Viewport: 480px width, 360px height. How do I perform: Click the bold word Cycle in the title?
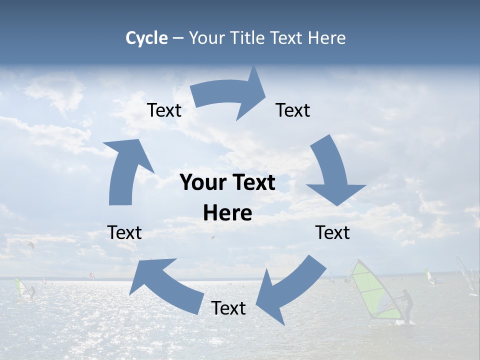click(146, 38)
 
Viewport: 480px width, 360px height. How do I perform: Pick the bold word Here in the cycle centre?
click(227, 213)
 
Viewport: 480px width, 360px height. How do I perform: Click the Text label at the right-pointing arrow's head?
click(293, 110)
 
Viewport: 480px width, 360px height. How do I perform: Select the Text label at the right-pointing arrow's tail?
click(164, 110)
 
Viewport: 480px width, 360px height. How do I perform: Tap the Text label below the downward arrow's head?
click(333, 233)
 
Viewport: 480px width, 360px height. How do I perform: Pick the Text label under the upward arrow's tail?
click(125, 233)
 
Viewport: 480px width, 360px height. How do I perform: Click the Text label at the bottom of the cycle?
click(228, 308)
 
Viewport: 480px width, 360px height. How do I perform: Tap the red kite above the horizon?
click(91, 275)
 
